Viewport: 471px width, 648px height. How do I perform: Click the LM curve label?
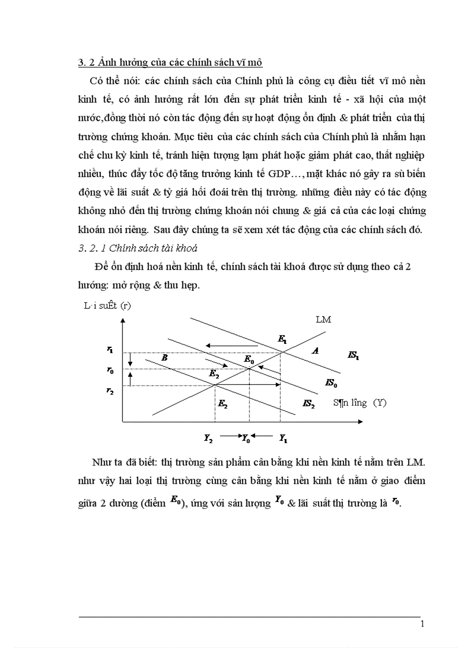tap(323, 319)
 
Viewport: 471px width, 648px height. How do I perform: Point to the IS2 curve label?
tap(309, 404)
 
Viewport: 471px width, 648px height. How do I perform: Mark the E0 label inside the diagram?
tap(249, 359)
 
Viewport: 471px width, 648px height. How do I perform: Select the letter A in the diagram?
tap(315, 350)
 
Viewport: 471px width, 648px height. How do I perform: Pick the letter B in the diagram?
tap(165, 358)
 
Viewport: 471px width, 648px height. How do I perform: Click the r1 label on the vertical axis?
tap(110, 349)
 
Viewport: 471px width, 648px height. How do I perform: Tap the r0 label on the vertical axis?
tap(110, 370)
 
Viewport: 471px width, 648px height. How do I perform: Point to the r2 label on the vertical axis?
tap(110, 391)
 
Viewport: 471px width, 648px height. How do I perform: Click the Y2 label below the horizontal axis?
tap(208, 438)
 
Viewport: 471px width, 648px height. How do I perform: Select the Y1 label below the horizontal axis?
tap(283, 438)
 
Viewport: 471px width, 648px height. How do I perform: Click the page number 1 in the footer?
tap(423, 624)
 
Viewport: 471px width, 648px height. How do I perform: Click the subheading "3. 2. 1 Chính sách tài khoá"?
tap(137, 248)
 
